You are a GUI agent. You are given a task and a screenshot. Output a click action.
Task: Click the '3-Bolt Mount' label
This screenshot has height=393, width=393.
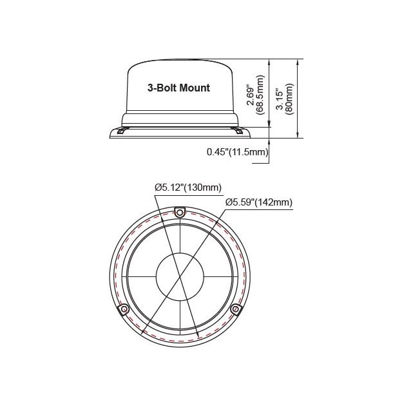click(179, 88)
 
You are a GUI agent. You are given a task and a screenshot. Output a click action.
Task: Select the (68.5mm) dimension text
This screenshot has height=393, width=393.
click(261, 93)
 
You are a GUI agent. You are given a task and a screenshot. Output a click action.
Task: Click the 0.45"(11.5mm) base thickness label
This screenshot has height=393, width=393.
click(237, 152)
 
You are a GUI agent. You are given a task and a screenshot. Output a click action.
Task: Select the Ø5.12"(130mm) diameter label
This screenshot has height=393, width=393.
click(188, 187)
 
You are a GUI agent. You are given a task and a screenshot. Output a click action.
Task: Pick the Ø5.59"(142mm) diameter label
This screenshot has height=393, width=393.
click(259, 202)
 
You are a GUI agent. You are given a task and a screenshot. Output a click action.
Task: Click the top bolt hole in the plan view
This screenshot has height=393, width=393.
click(181, 212)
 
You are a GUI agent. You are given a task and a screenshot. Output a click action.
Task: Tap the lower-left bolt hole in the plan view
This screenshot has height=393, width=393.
click(122, 311)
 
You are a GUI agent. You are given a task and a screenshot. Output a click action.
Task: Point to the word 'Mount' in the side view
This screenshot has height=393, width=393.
click(196, 88)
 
